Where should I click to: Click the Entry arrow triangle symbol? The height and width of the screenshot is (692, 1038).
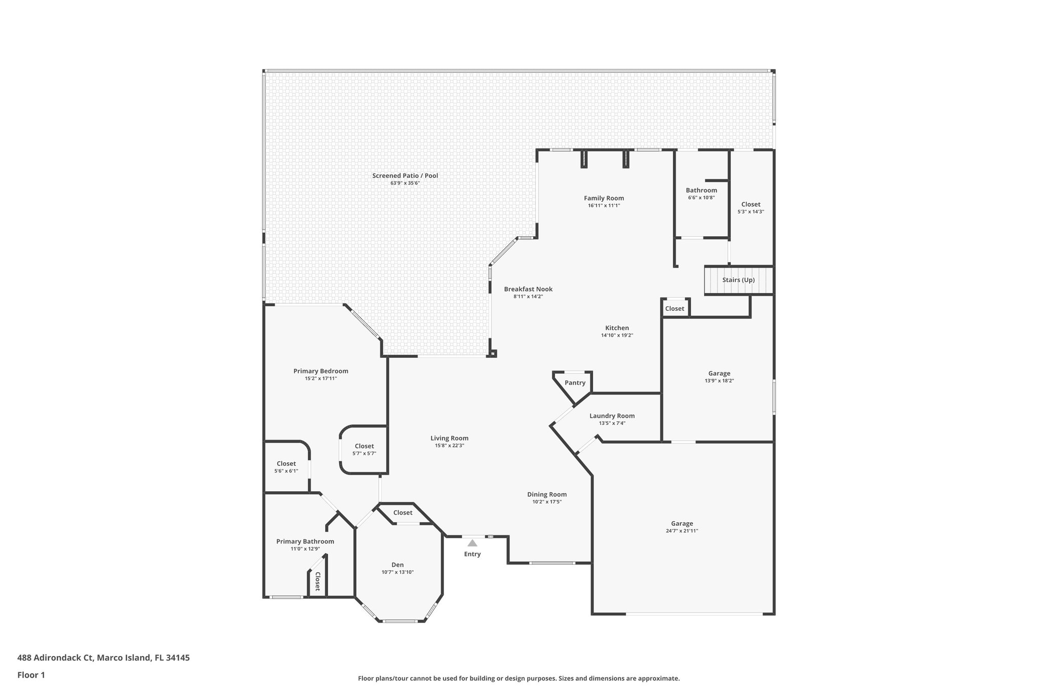(472, 543)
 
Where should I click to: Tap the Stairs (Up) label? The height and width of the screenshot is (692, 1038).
(738, 280)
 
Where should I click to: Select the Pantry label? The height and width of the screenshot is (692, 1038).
(575, 383)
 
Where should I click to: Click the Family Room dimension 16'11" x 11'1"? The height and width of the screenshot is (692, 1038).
(604, 206)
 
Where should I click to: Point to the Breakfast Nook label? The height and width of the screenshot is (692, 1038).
(528, 289)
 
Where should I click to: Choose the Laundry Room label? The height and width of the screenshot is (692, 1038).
(612, 416)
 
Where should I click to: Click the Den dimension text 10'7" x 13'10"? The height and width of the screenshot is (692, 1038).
(397, 572)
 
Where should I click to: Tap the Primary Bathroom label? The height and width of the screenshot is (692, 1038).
(305, 541)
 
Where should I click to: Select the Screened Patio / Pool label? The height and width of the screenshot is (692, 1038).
(405, 176)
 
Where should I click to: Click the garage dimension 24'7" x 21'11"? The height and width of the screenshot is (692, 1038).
(682, 531)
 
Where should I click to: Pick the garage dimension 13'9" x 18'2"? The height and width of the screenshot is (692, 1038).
(719, 381)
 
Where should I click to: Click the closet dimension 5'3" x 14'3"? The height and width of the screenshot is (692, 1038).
(751, 212)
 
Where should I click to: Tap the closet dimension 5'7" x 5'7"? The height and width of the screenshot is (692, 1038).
(364, 454)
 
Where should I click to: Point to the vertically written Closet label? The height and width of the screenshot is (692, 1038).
(318, 581)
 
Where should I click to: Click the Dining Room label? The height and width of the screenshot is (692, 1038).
(547, 494)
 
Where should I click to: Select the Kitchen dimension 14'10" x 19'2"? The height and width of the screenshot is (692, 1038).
(617, 335)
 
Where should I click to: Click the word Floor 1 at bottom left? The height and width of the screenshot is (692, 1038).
(31, 675)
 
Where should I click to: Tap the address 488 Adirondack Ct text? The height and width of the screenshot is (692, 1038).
(56, 658)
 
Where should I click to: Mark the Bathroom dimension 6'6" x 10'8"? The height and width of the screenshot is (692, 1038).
(701, 198)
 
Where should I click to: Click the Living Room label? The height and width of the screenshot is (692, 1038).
(449, 438)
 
